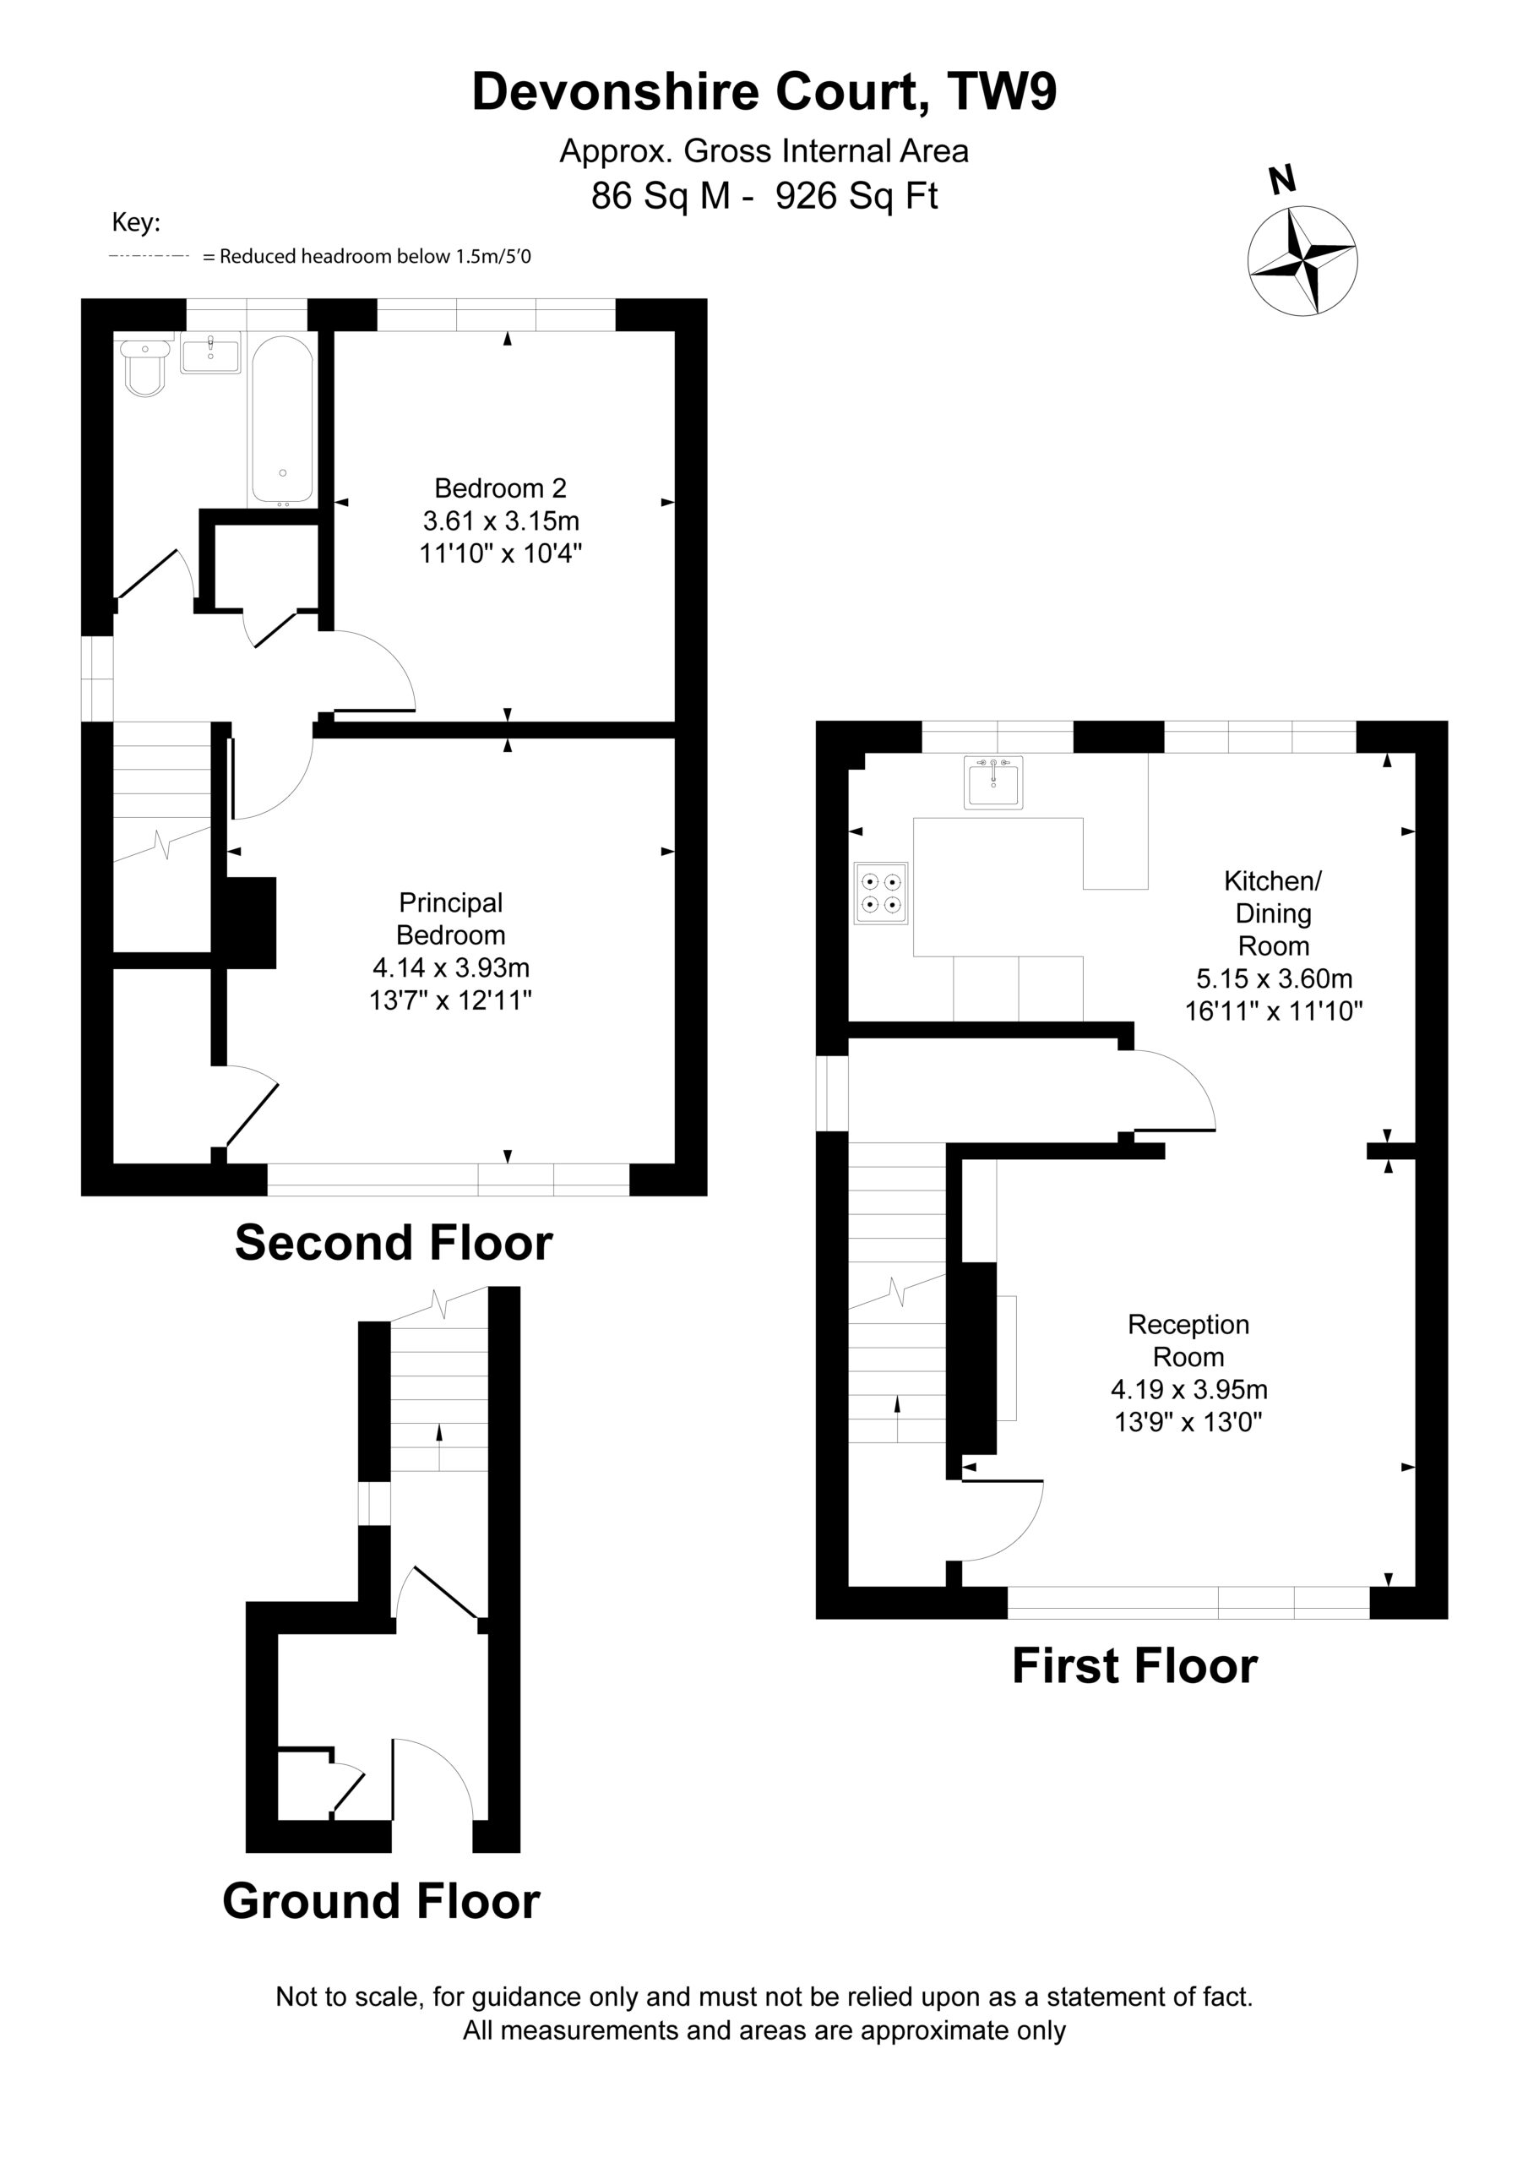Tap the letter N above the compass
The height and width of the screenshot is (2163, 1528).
click(1282, 179)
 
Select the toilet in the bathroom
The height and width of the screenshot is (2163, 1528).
click(145, 368)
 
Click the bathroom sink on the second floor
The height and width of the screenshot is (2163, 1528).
click(210, 354)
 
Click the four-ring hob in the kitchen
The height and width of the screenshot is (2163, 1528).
click(881, 892)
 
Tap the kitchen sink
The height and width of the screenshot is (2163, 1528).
click(993, 782)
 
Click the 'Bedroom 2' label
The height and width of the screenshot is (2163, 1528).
click(500, 488)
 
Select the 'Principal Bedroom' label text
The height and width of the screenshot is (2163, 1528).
click(450, 918)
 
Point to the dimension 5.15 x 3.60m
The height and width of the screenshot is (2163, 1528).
click(1274, 978)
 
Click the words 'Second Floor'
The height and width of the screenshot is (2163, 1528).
click(394, 1243)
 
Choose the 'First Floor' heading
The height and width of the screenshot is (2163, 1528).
click(1134, 1665)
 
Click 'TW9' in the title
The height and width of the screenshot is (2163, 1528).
click(1003, 91)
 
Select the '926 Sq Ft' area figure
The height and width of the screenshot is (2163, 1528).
click(856, 196)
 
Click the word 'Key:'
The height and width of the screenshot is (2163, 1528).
click(137, 223)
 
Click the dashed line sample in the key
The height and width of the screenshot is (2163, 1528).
click(150, 256)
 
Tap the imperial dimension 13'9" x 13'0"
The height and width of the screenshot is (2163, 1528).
click(1188, 1422)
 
